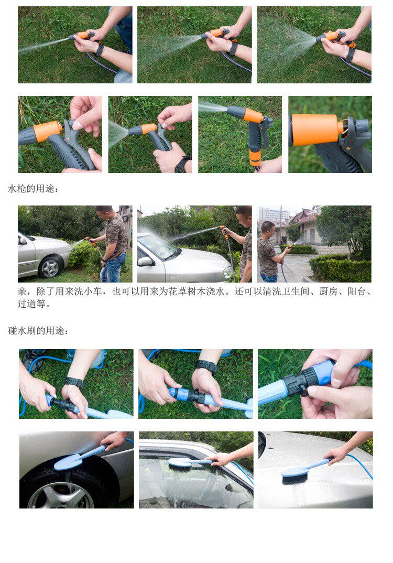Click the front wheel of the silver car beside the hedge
(50, 267)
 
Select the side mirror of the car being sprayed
(145, 262)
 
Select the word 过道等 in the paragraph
(31, 304)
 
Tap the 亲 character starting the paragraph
(22, 291)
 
